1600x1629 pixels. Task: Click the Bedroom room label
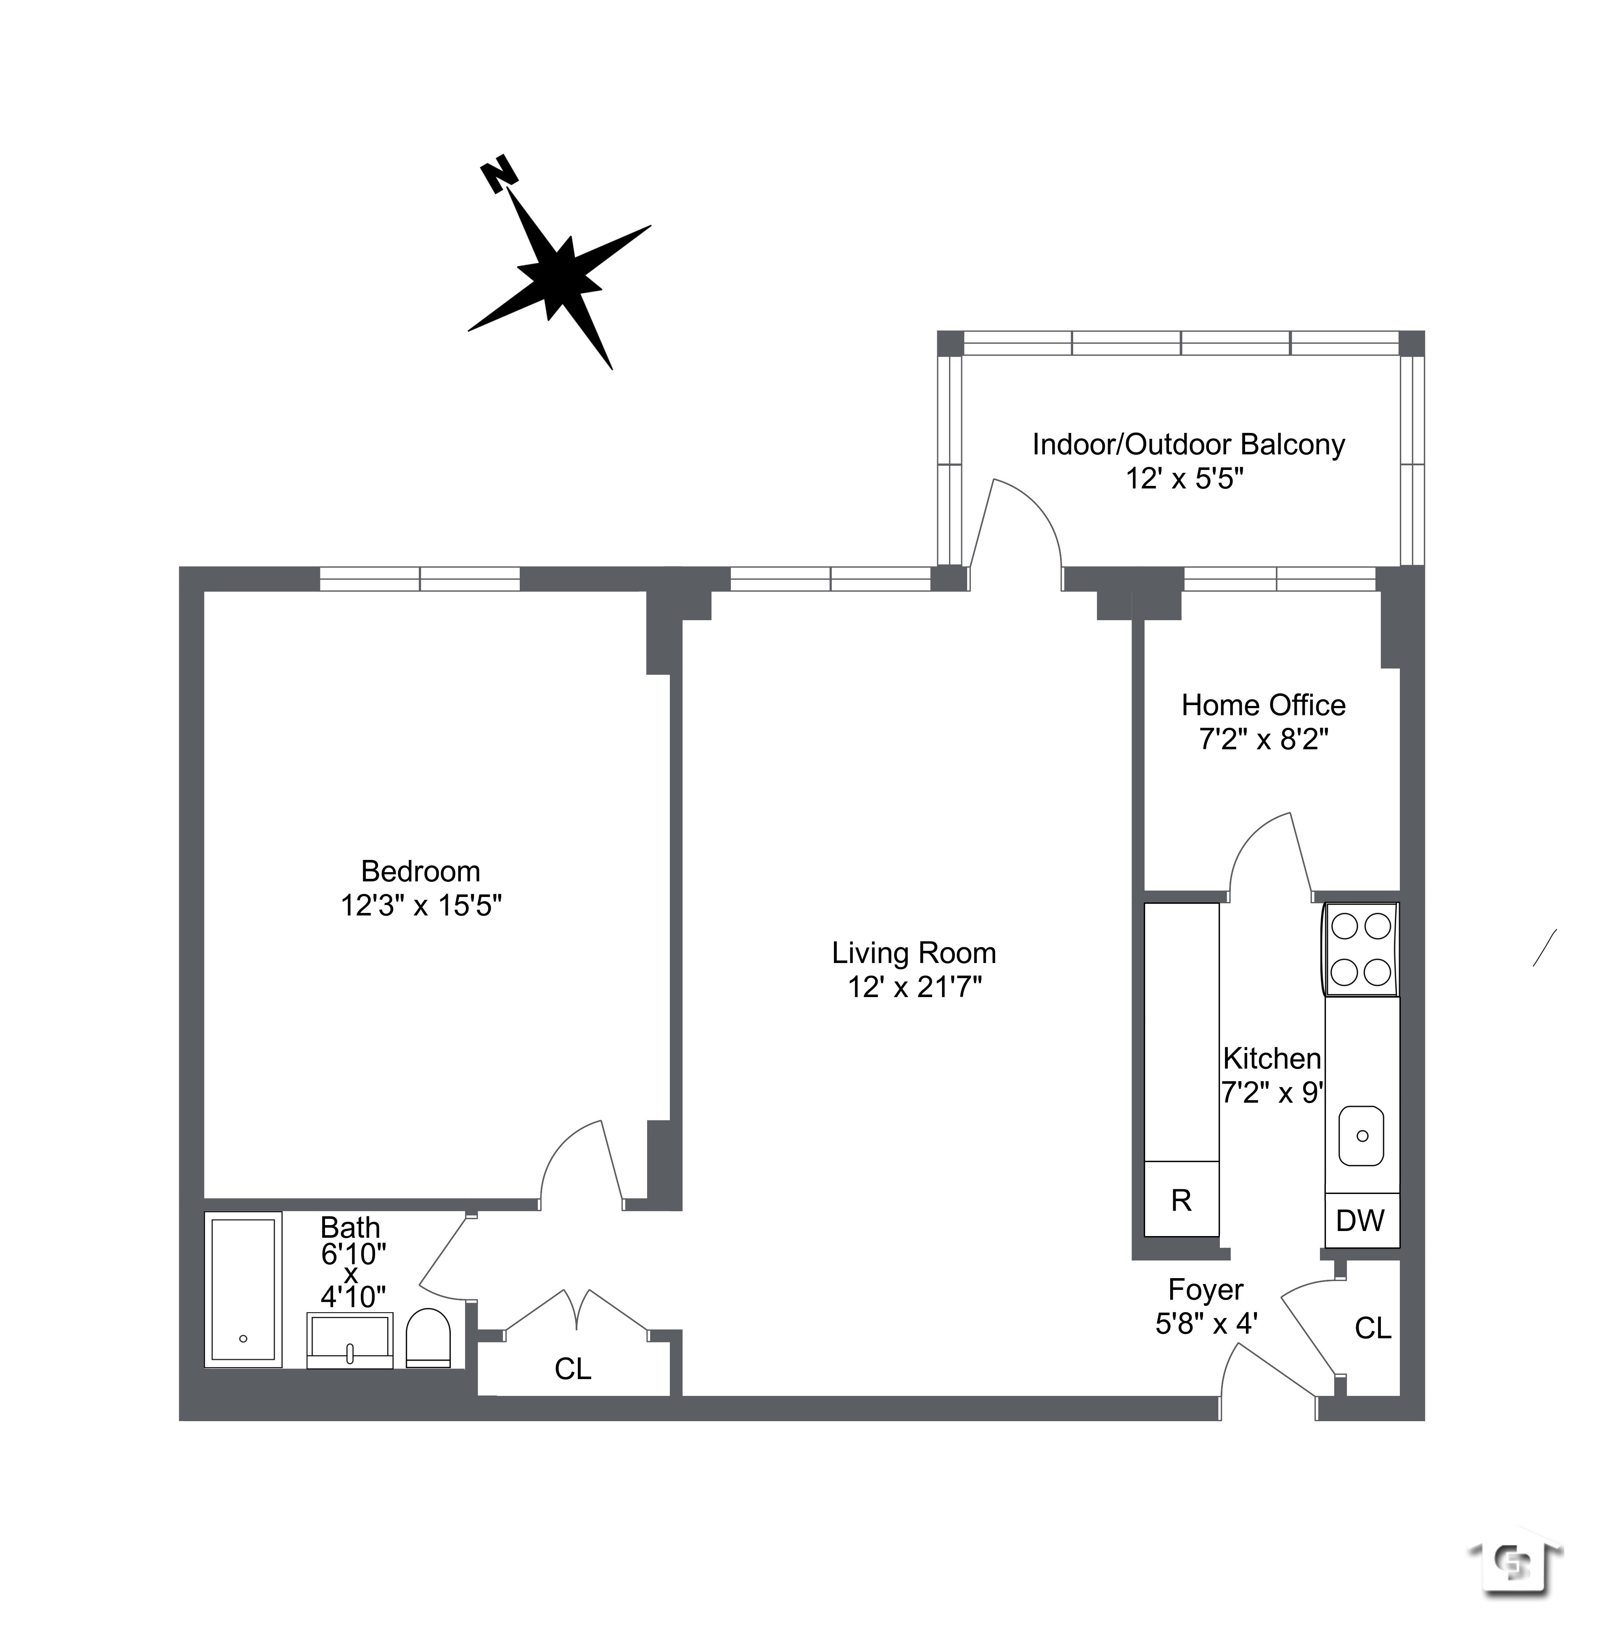420,871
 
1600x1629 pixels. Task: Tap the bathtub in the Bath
243,1289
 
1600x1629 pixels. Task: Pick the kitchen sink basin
1361,1136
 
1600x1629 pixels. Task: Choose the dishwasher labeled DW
1360,1220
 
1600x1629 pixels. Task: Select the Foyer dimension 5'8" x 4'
1206,1324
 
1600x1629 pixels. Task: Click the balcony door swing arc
1029,521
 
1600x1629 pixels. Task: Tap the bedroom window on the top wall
420,579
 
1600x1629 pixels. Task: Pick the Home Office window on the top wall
1280,579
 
